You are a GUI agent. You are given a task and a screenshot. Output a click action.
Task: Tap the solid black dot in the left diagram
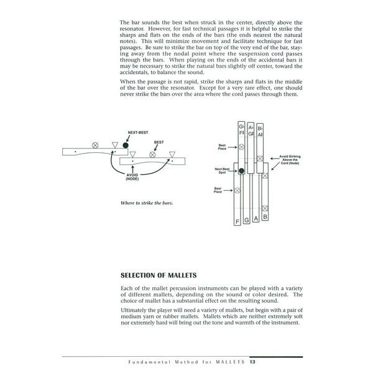[x=126, y=145]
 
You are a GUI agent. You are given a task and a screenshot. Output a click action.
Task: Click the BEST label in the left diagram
[x=159, y=142]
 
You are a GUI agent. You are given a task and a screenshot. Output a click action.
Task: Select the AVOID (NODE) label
[x=131, y=177]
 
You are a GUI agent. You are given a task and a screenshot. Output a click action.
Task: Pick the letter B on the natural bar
[x=265, y=218]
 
